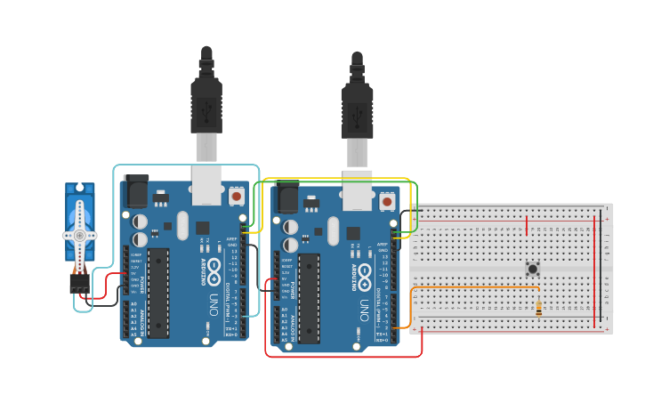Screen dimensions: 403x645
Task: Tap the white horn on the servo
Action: coord(80,235)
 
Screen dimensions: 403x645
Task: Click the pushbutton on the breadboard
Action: coord(533,269)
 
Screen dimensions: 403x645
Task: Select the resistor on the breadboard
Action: coord(539,309)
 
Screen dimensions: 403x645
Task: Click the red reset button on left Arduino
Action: coord(237,195)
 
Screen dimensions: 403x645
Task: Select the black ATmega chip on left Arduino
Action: coord(158,293)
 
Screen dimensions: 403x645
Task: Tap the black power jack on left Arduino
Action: coord(136,191)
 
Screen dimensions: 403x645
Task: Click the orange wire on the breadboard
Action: coord(476,287)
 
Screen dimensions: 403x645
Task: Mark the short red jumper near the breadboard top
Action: coord(527,226)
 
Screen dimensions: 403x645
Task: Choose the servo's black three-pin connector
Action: coord(79,282)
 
